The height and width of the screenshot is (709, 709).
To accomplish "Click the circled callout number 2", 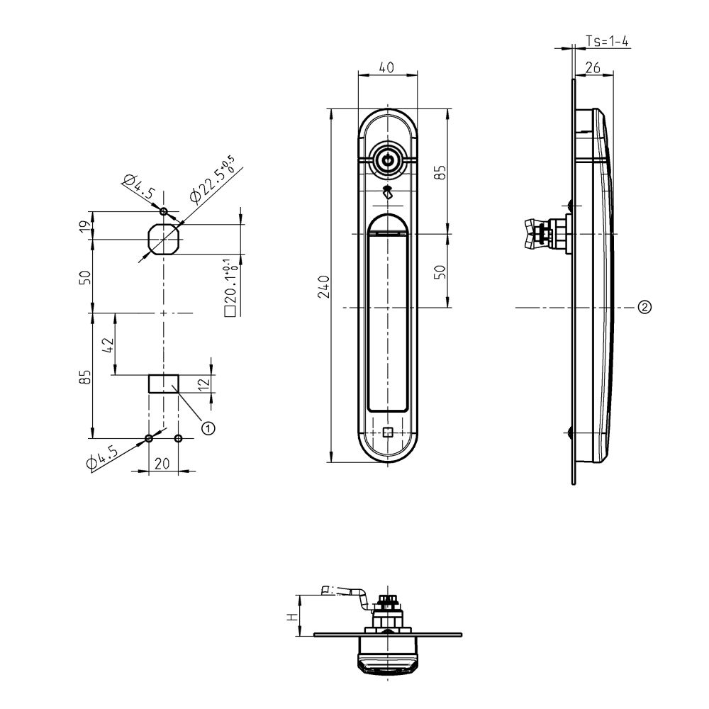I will click(x=644, y=308).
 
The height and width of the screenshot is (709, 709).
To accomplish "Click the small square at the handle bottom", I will click(x=387, y=432).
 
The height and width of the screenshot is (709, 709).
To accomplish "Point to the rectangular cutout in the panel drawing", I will click(x=163, y=384).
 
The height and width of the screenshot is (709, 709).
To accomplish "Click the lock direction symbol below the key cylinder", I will click(x=387, y=191).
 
